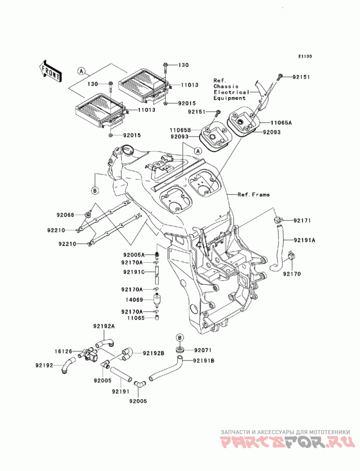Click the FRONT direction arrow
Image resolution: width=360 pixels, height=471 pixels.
pyautogui.click(x=50, y=71)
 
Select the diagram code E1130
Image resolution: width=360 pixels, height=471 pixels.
pyautogui.click(x=305, y=56)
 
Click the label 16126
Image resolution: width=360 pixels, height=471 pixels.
pyautogui.click(x=63, y=351)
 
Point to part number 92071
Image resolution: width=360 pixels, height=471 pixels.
pyautogui.click(x=203, y=350)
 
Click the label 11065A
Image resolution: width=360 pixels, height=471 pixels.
pyautogui.click(x=281, y=122)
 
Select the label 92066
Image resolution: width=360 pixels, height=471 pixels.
pyautogui.click(x=65, y=215)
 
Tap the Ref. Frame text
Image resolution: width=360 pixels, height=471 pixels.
pyautogui.click(x=254, y=195)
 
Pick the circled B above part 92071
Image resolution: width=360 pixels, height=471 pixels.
pyautogui.click(x=180, y=337)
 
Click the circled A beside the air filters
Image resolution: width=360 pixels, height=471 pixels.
pyautogui.click(x=81, y=71)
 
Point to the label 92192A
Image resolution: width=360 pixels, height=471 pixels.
pyautogui.click(x=103, y=326)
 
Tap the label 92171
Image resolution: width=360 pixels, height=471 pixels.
pyautogui.click(x=302, y=220)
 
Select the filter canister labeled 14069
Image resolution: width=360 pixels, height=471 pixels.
pyautogui.click(x=157, y=300)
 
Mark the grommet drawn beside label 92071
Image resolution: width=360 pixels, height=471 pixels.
pyautogui.click(x=180, y=350)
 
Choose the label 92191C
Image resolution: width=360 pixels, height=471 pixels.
pyautogui.click(x=134, y=272)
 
